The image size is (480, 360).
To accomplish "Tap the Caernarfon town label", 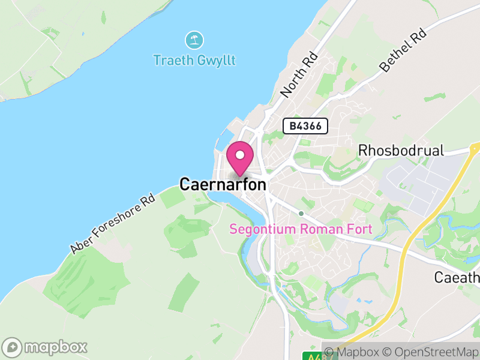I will pos(223,185).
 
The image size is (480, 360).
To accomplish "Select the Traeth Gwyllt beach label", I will pos(194,60).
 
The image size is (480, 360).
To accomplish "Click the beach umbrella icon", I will pos(194,41).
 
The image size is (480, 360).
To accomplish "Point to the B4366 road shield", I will pos(305,126).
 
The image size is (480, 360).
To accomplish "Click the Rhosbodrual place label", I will pos(401,150).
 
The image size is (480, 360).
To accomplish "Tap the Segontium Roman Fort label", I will pos(301,229).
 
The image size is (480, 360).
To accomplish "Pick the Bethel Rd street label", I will pos(403,52).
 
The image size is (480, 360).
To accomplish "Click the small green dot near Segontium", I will pos(301,213).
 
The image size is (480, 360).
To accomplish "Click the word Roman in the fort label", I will pos(319,229).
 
